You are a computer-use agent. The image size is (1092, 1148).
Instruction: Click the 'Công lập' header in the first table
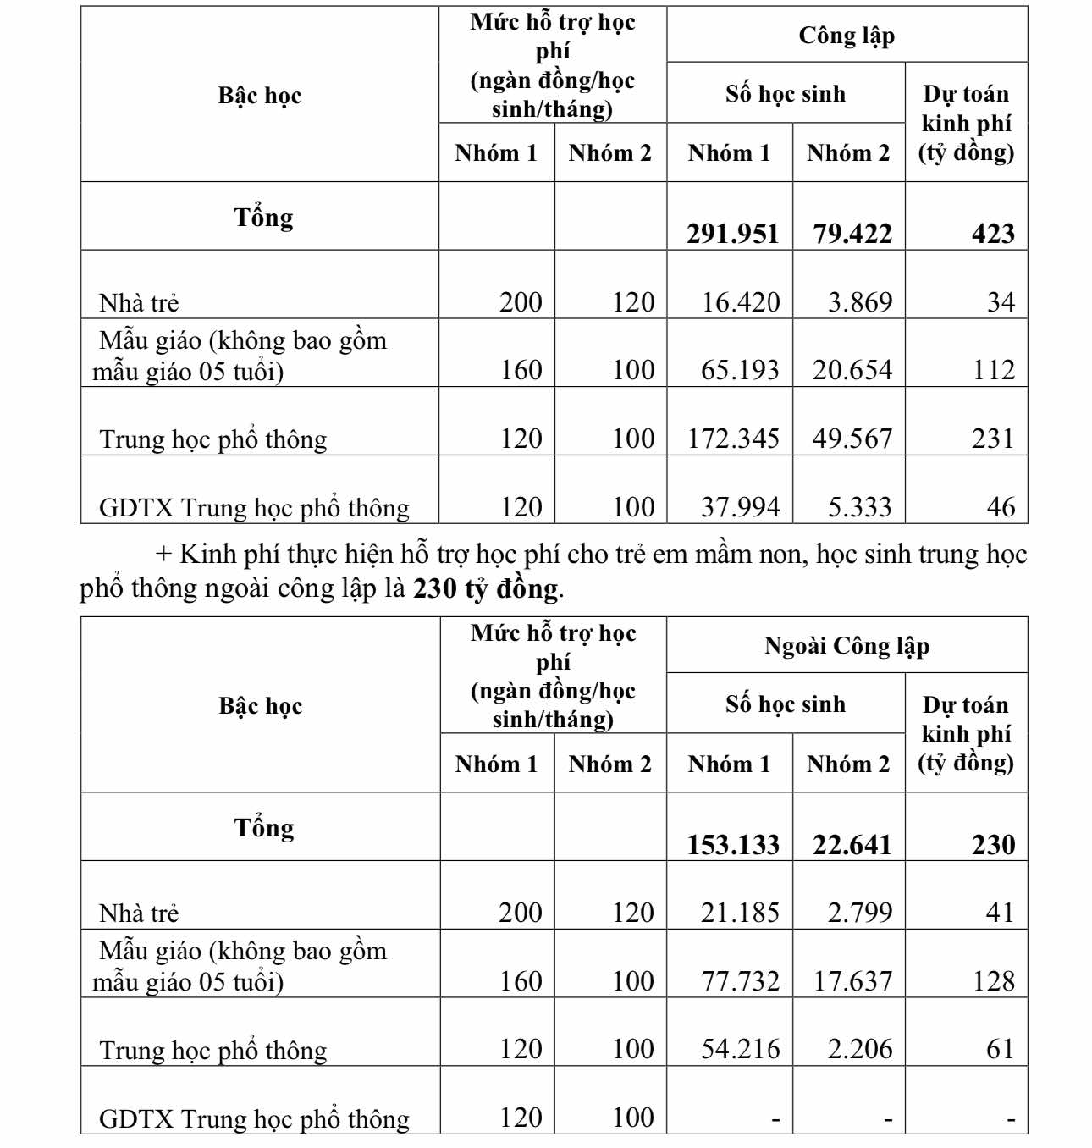coord(847,36)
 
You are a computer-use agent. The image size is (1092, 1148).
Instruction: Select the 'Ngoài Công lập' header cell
coord(847,647)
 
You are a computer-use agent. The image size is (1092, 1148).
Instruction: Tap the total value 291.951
coord(732,234)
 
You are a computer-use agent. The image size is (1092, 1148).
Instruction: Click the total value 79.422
coord(852,234)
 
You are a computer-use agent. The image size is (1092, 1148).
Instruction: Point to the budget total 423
coord(993,234)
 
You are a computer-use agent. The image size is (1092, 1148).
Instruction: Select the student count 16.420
coord(741,302)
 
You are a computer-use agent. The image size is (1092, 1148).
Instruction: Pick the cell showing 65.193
coord(740,370)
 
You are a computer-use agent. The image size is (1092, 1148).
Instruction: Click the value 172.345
coord(733,439)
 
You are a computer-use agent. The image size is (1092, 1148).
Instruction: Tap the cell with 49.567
coord(852,439)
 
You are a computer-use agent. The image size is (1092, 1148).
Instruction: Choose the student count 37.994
coord(740,507)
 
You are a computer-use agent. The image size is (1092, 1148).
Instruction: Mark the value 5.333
coord(859,507)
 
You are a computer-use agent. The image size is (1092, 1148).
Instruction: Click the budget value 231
coord(993,439)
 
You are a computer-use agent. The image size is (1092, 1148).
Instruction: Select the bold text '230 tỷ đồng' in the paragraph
coord(486,588)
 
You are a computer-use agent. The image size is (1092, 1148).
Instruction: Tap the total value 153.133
coord(733,845)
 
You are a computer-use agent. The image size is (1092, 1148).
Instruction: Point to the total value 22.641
coord(852,845)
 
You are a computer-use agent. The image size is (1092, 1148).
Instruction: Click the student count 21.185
coord(740,913)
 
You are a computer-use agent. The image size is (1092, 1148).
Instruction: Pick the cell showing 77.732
coord(740,981)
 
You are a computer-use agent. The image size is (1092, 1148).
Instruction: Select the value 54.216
coord(740,1049)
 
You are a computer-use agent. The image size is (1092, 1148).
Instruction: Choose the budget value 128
coord(993,981)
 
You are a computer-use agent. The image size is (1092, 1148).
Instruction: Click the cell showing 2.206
coord(859,1049)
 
